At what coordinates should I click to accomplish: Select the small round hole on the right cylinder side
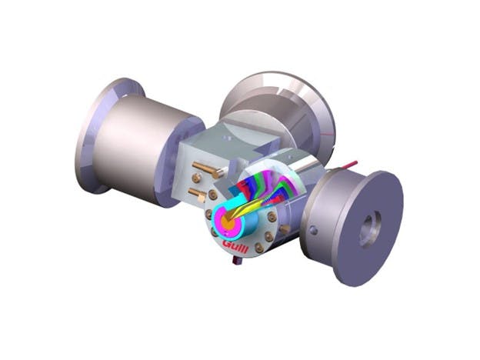coord(313,230)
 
